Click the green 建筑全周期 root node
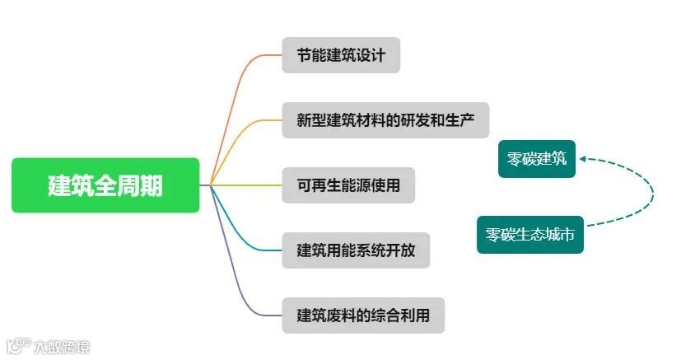tap(105, 185)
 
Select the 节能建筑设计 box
tap(341, 55)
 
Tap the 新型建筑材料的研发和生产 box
tap(385, 120)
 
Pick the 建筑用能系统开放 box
tap(355, 250)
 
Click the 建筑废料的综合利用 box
tap(362, 315)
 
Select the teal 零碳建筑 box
tap(537, 158)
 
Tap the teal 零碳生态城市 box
tap(530, 235)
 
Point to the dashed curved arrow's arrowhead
tap(582, 159)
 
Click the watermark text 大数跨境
tap(61, 346)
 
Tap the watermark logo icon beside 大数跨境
tap(17, 345)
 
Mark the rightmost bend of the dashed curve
tap(653, 194)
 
